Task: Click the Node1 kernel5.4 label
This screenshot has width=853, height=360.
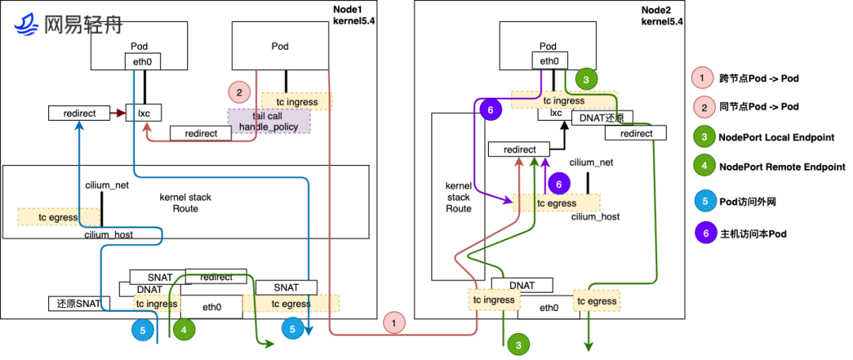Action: (355, 14)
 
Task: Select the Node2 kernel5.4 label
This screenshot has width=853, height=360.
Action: (662, 15)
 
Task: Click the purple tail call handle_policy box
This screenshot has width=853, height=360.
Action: (269, 121)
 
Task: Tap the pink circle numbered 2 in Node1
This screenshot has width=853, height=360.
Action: (239, 91)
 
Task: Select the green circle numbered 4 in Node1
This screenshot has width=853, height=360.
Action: (184, 330)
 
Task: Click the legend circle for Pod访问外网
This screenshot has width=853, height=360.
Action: (701, 201)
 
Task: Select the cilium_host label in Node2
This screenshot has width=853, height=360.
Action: (595, 216)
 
